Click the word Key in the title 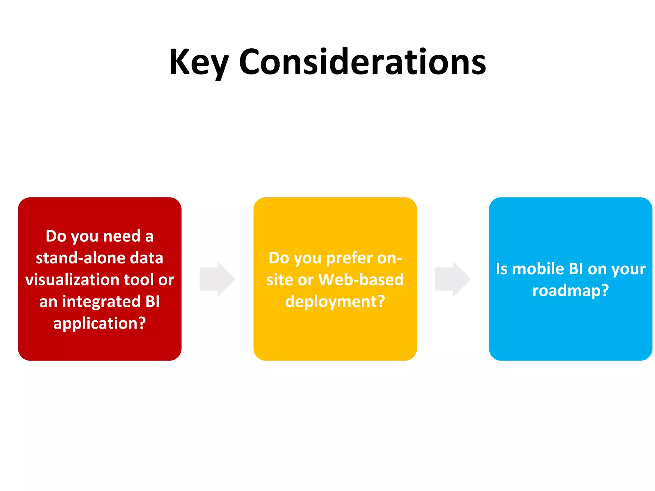pos(199,62)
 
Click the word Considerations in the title pos(362,62)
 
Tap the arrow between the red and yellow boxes pos(217,279)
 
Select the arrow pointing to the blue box pos(453,279)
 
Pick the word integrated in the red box pos(101,301)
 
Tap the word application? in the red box pos(99,323)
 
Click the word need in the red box pos(122,236)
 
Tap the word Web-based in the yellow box pos(361,280)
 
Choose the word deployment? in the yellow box pos(335,301)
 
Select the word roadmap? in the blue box pos(571,291)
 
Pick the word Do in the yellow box pos(279,258)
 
